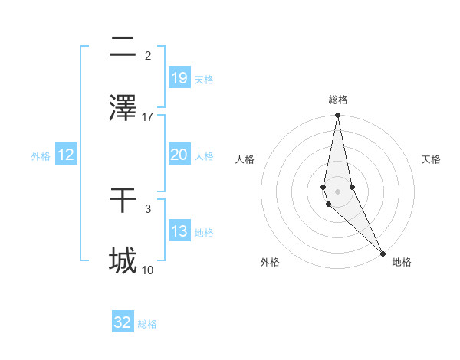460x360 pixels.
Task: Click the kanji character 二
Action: pyautogui.click(x=123, y=47)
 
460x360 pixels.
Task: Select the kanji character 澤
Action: pyautogui.click(x=123, y=107)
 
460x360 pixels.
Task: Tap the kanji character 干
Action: pyautogui.click(x=123, y=201)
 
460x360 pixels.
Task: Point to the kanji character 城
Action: pyautogui.click(x=123, y=260)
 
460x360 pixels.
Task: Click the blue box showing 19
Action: pyautogui.click(x=179, y=77)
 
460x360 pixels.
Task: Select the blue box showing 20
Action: pyautogui.click(x=179, y=155)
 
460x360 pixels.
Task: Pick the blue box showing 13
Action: pyautogui.click(x=179, y=231)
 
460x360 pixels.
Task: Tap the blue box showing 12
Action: pyautogui.click(x=66, y=155)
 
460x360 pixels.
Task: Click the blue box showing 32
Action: pyautogui.click(x=123, y=322)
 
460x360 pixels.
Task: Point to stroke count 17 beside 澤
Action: pyautogui.click(x=148, y=116)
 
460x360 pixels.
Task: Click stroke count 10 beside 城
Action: pyautogui.click(x=148, y=270)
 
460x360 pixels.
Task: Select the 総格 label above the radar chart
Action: pyautogui.click(x=337, y=100)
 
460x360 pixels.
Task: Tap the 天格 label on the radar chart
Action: pyautogui.click(x=432, y=159)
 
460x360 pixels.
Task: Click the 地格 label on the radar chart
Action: pyautogui.click(x=402, y=263)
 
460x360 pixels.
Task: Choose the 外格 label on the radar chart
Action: pyautogui.click(x=270, y=263)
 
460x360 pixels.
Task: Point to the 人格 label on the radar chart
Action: pyautogui.click(x=245, y=159)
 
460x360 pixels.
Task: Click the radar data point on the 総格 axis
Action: pyautogui.click(x=337, y=116)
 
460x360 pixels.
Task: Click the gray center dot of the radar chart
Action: pyautogui.click(x=337, y=191)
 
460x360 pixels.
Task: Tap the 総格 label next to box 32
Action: pyautogui.click(x=147, y=324)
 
